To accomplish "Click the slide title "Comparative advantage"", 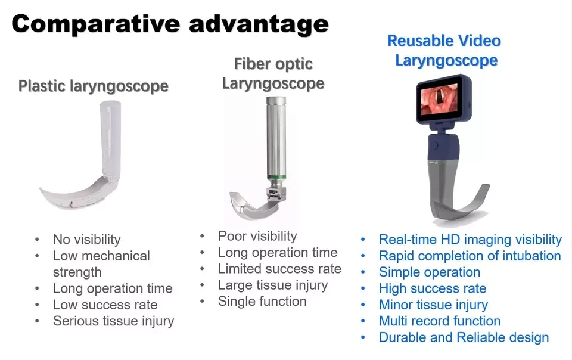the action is coord(170,24).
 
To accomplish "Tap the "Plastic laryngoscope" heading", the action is coord(94,86).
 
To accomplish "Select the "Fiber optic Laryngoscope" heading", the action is coord(273,74).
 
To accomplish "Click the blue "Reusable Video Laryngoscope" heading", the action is coord(444,50).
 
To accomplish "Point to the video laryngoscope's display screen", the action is coord(440,99).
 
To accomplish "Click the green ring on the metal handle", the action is coord(276,177).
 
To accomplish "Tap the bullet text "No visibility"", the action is coord(87,239).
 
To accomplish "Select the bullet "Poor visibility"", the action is coord(257,236).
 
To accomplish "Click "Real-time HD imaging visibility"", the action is coord(470,240).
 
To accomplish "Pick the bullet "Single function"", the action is coord(262,301).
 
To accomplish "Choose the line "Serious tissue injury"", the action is coord(113,321).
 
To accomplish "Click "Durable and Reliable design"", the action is coord(464,337).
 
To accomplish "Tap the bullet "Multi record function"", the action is coord(440,321).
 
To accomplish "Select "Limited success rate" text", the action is coord(279,269).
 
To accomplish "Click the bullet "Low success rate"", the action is coord(105,305).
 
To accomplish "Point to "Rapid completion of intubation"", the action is coord(470,256).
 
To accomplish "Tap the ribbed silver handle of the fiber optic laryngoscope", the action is coord(276,136).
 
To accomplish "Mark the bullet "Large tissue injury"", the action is coord(273,285).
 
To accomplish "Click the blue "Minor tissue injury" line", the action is coord(433,305).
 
